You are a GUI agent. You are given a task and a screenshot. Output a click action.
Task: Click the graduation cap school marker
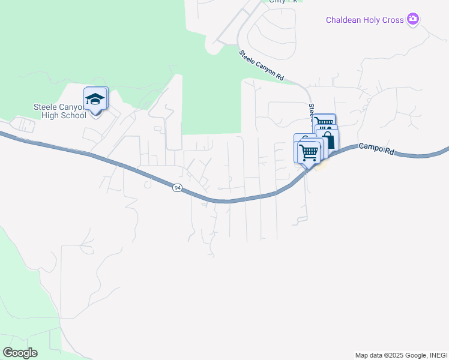click(x=95, y=99)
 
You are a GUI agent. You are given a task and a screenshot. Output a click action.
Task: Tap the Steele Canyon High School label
click(x=60, y=111)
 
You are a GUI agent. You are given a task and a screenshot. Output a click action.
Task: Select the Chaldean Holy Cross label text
click(x=364, y=20)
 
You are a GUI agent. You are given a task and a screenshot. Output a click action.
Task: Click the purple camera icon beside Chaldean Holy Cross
click(x=412, y=20)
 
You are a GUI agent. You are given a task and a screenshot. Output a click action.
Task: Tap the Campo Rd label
click(x=376, y=149)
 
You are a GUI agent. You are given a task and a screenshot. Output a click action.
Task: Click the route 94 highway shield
click(x=177, y=188)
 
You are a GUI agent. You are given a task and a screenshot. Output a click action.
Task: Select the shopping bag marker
click(x=328, y=141)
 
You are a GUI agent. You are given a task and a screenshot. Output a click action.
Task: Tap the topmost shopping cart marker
click(x=324, y=123)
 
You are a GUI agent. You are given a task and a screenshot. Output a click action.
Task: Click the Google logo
click(x=20, y=352)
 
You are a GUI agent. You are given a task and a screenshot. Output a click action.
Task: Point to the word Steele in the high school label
click(x=45, y=107)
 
